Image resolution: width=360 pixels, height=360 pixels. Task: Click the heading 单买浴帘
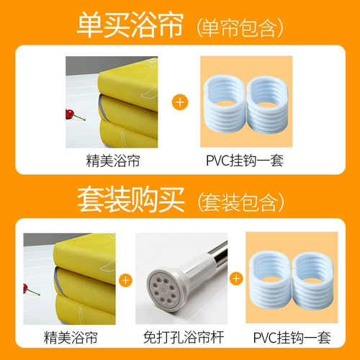(130, 25)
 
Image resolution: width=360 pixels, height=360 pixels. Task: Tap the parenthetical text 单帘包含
(240, 27)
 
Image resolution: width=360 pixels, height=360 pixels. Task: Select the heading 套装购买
(131, 199)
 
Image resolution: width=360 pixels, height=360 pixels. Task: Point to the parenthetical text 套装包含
(240, 202)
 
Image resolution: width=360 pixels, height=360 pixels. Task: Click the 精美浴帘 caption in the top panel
(113, 161)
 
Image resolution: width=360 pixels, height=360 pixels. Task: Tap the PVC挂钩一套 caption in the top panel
(245, 161)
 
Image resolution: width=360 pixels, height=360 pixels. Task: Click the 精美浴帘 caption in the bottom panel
(71, 338)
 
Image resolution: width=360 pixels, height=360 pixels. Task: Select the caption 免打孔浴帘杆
(184, 337)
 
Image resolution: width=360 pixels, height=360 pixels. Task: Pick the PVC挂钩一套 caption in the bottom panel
(292, 338)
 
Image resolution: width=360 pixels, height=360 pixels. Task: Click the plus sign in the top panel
(180, 102)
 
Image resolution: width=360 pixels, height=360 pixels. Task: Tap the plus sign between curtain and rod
(125, 280)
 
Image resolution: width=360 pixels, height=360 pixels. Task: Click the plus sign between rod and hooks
(236, 279)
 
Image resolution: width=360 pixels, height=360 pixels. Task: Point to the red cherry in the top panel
(70, 114)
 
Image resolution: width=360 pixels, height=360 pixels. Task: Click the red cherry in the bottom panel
(25, 289)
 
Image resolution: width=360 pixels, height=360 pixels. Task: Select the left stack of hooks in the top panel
(225, 105)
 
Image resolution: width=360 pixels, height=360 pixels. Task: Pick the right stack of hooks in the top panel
(267, 105)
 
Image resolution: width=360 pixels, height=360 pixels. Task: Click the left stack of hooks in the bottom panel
(271, 281)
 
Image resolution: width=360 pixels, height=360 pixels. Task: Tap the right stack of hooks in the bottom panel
(313, 281)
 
